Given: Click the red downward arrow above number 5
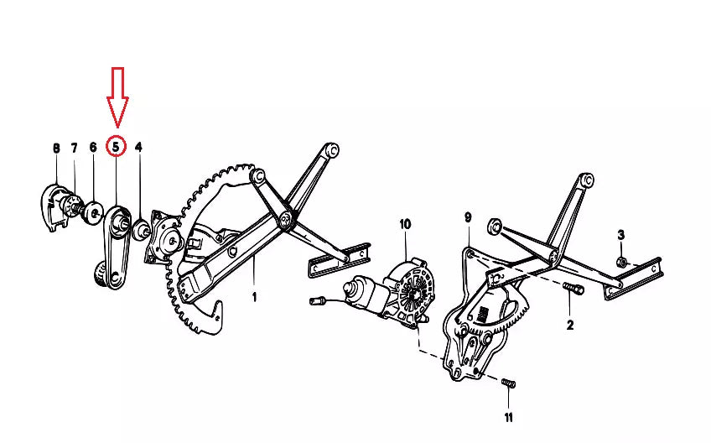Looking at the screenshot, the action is pyautogui.click(x=117, y=96).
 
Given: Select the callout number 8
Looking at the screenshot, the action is pyautogui.click(x=56, y=149).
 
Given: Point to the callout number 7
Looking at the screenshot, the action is pyautogui.click(x=74, y=149).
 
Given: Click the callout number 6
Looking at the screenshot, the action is pyautogui.click(x=93, y=148).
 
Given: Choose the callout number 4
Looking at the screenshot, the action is pyautogui.click(x=138, y=148).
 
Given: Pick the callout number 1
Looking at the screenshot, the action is pyautogui.click(x=254, y=296).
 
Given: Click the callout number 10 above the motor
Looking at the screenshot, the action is pyautogui.click(x=406, y=224).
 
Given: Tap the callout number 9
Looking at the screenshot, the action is pyautogui.click(x=469, y=218).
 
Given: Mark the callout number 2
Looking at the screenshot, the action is pyautogui.click(x=570, y=325).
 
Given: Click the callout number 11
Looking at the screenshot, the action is pyautogui.click(x=508, y=417).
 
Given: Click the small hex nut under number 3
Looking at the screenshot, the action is pyautogui.click(x=621, y=262).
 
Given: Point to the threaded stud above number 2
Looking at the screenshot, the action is pyautogui.click(x=573, y=290).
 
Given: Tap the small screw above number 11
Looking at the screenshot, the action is pyautogui.click(x=506, y=384).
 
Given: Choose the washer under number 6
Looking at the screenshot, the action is pyautogui.click(x=94, y=210).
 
